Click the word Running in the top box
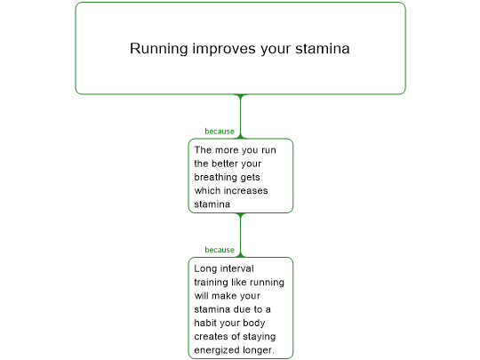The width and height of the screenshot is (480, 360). (x=159, y=49)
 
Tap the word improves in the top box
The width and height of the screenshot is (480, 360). (x=224, y=49)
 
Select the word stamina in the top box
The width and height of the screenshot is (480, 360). (x=323, y=48)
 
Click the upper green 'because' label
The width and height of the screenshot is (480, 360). (x=220, y=132)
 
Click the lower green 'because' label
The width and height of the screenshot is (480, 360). (x=220, y=250)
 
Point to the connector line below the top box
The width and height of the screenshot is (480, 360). (x=241, y=116)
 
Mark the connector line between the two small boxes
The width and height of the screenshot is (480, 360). (x=241, y=235)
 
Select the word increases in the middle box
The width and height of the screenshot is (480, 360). (x=246, y=191)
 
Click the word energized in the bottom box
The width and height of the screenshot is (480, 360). (x=217, y=350)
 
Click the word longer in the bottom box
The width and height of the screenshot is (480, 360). (x=258, y=350)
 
